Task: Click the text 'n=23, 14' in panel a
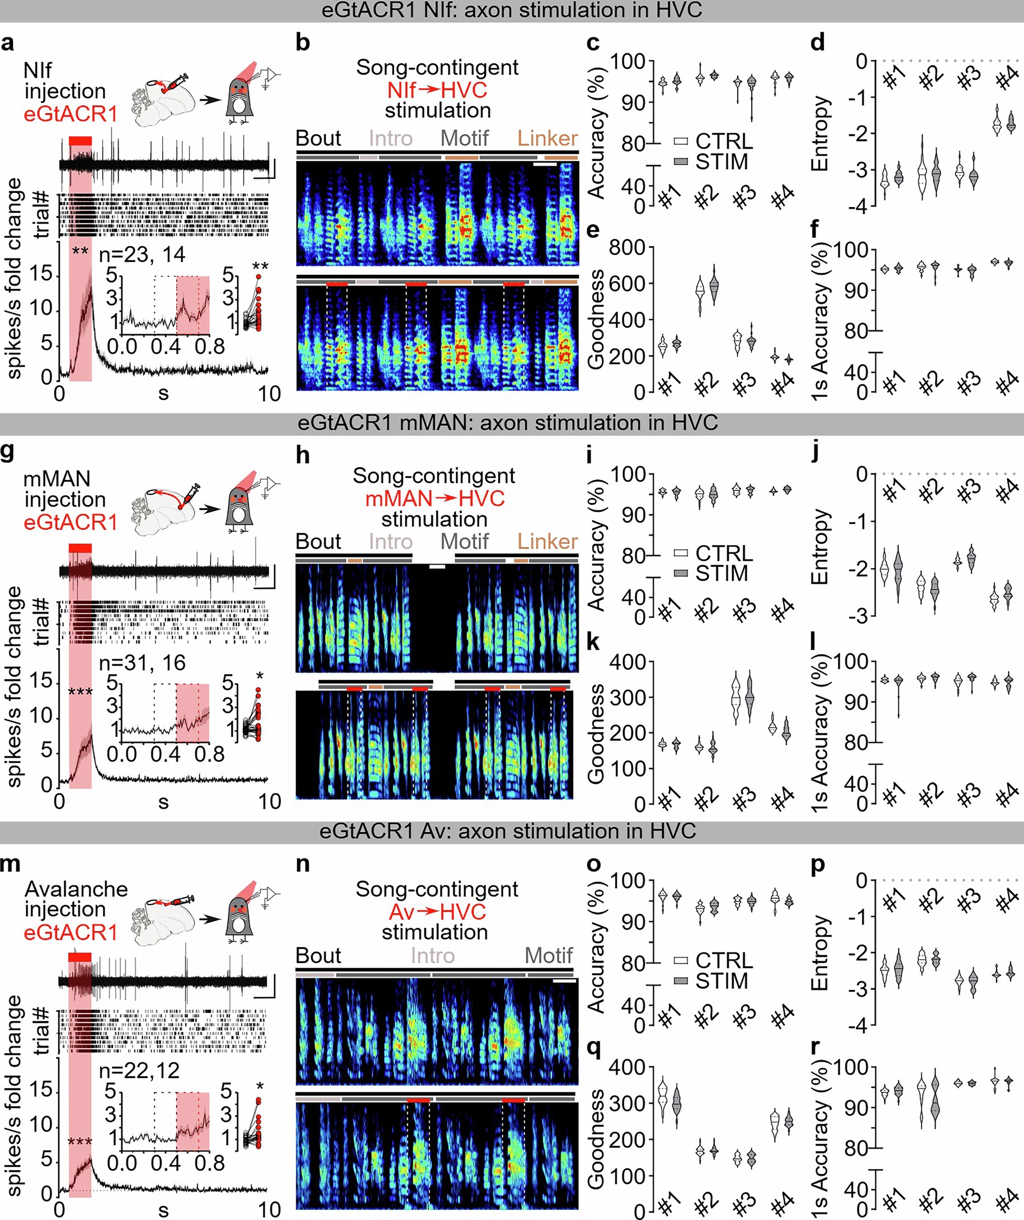tap(141, 255)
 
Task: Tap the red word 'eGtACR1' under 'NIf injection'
tap(70, 114)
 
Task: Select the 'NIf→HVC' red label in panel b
tap(437, 90)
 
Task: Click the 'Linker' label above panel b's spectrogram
tap(547, 138)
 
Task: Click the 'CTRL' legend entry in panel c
tap(723, 141)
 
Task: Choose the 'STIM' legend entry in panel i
tap(721, 574)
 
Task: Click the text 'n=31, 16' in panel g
tap(141, 663)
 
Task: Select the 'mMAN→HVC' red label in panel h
tap(435, 499)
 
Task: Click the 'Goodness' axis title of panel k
tap(596, 733)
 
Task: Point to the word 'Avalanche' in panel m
tap(76, 889)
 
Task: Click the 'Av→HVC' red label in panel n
tap(437, 912)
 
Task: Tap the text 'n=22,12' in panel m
tap(139, 1071)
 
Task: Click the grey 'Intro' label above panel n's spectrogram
tap(432, 956)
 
